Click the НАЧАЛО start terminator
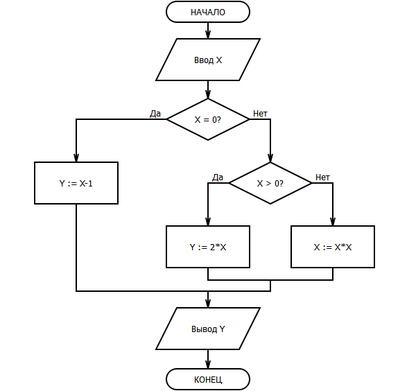click(x=208, y=12)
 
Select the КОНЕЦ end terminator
click(x=208, y=379)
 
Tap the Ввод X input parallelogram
click(x=208, y=60)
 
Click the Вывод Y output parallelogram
click(x=208, y=329)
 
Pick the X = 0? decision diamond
click(x=208, y=119)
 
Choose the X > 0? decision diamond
click(x=270, y=183)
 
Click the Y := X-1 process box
click(x=76, y=183)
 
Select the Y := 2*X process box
click(x=208, y=247)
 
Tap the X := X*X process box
click(x=333, y=247)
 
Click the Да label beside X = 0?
click(x=155, y=114)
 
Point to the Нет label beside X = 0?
click(x=260, y=114)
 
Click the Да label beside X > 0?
click(x=218, y=177)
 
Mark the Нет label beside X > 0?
click(x=322, y=177)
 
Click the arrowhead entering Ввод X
click(x=208, y=35)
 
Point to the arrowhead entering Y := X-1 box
click(x=76, y=158)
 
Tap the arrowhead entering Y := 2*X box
click(x=208, y=222)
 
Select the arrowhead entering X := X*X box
click(x=333, y=222)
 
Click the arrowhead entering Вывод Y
click(x=208, y=304)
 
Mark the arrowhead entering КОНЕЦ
click(x=208, y=365)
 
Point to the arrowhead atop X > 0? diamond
click(x=270, y=158)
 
